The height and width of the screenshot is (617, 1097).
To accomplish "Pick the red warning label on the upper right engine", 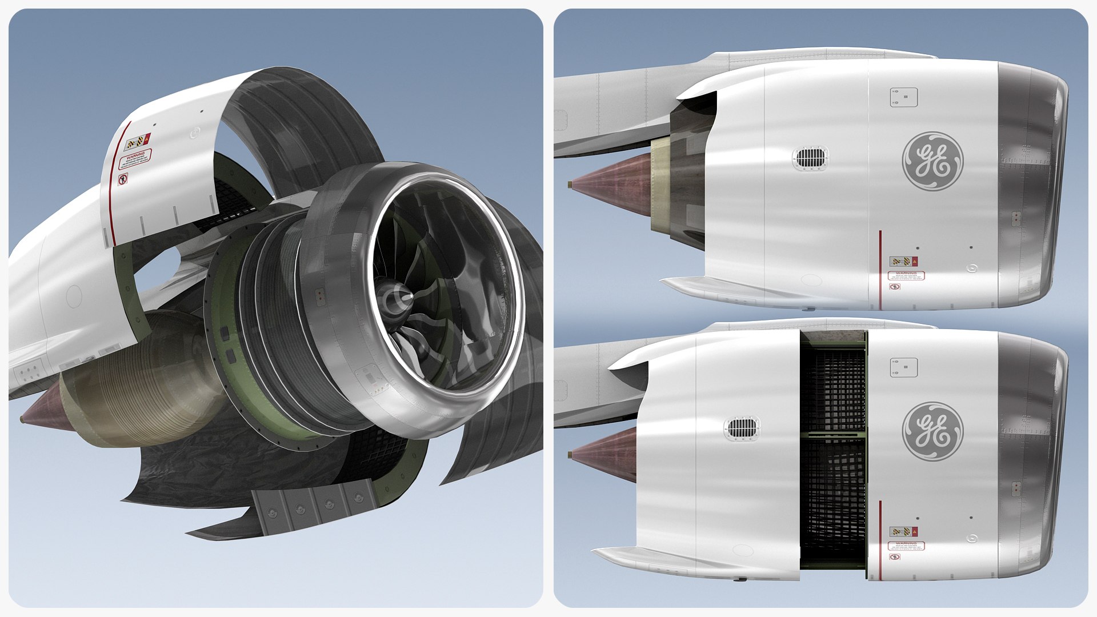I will (906, 275).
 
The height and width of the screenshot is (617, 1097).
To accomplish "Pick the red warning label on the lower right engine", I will (906, 546).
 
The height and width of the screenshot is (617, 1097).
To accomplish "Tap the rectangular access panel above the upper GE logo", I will (903, 97).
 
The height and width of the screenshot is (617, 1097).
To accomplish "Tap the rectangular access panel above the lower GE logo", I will (903, 367).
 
